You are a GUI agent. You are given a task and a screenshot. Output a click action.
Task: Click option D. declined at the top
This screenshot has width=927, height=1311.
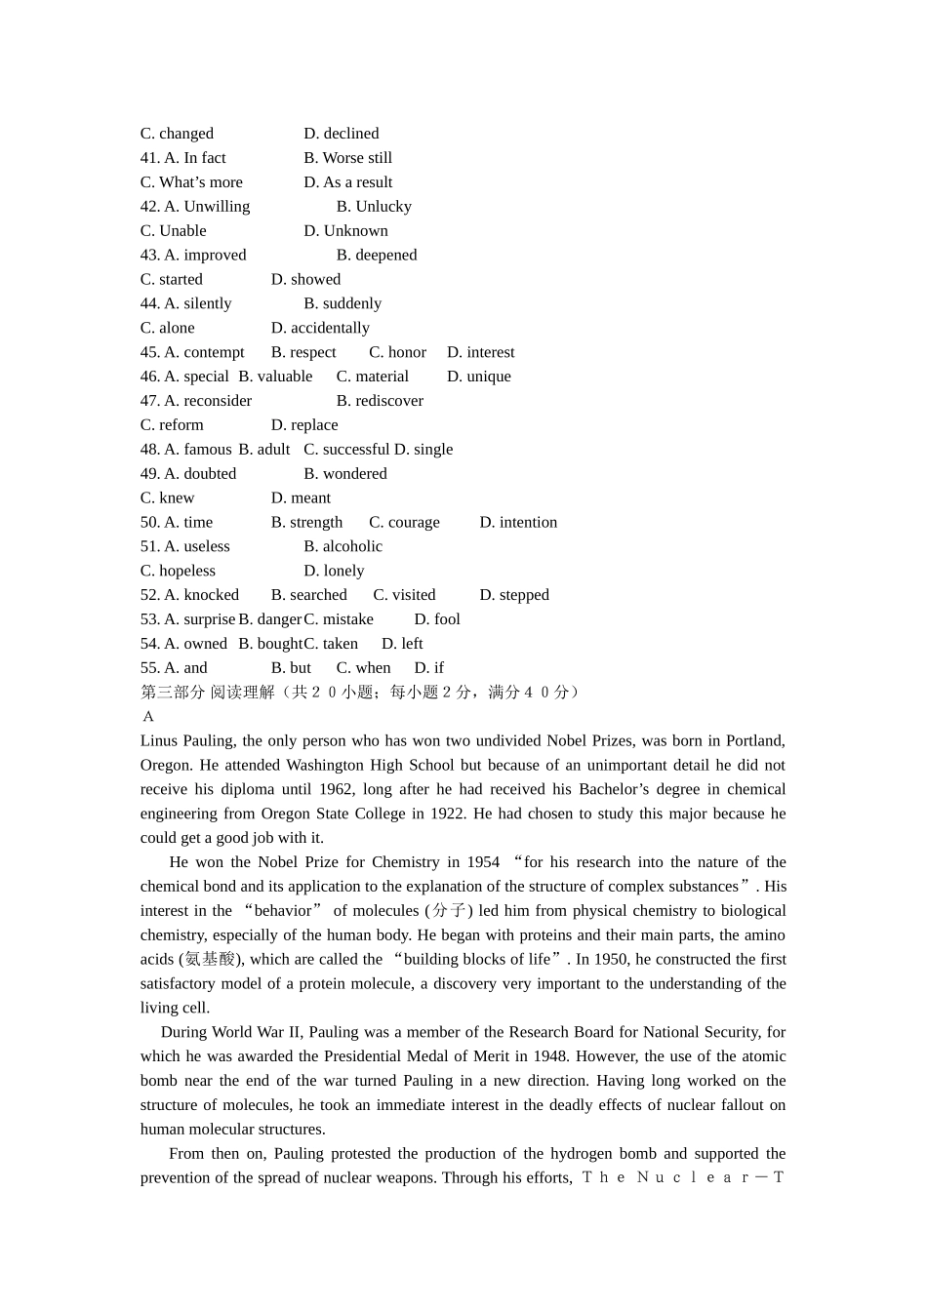tap(341, 134)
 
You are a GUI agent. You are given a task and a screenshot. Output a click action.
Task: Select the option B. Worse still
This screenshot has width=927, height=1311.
tap(347, 158)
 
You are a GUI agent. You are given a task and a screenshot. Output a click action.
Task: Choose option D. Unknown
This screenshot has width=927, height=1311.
tap(345, 231)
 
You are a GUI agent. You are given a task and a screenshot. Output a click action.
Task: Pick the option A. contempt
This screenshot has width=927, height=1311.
tap(204, 352)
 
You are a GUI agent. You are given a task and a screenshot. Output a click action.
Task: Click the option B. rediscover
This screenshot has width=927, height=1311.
tap(380, 401)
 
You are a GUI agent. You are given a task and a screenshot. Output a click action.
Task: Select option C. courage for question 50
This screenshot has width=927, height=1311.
tap(404, 523)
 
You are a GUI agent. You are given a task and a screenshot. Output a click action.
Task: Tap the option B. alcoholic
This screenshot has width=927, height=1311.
tap(343, 547)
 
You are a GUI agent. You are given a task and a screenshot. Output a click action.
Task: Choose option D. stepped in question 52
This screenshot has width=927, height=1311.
tap(514, 595)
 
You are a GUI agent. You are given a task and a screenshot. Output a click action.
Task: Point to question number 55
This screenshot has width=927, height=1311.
tap(149, 668)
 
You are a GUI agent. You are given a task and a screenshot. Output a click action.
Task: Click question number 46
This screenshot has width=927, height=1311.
tap(149, 377)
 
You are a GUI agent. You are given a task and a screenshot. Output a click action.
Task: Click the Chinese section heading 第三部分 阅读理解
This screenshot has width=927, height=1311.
tap(207, 693)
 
